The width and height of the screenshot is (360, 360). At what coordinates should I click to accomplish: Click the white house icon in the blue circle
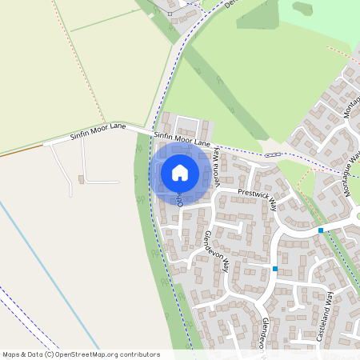point(179,173)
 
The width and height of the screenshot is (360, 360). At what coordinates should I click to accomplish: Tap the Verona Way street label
point(215,171)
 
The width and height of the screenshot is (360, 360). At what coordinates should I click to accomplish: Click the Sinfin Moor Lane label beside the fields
point(98,130)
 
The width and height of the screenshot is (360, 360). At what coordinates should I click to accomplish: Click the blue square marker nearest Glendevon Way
point(275,269)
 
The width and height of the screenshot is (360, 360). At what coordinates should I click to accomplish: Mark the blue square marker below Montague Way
point(320,230)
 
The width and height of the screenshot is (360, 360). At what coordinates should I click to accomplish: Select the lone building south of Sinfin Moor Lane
point(82,178)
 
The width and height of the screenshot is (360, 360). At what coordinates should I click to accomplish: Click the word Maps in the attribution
point(12,354)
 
